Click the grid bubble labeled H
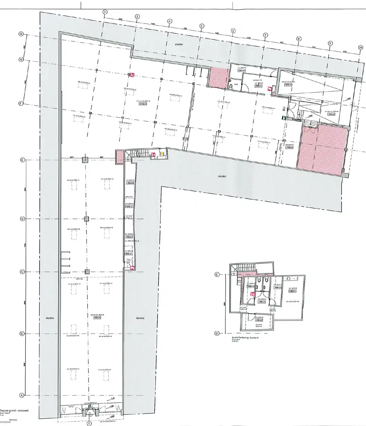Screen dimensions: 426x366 pos(21,34)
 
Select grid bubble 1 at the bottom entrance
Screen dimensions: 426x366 pos(89,423)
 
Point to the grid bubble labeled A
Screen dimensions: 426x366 pos(22,395)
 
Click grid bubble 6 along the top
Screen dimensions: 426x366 pos(233,31)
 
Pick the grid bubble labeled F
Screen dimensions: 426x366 pos(21,104)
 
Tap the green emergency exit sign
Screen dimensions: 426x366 pos(284,117)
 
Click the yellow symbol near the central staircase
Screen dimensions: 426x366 pos(162,154)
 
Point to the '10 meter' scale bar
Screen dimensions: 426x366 pos(8,420)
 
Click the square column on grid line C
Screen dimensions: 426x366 pos(87,272)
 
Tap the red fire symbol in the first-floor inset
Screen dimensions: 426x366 pos(253,294)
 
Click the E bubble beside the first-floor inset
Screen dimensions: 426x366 pos(218,275)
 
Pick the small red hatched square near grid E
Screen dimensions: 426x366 pos(120,157)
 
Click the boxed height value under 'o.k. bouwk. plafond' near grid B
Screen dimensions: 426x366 pos(96,318)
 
